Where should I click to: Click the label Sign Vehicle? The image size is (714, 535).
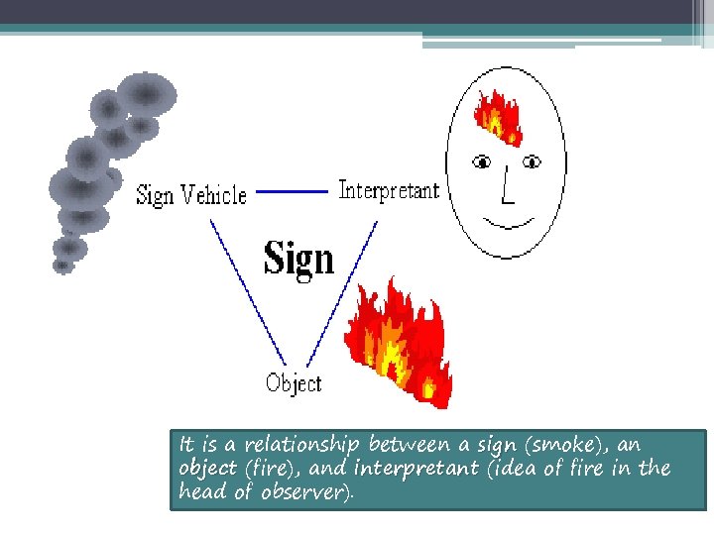(x=190, y=195)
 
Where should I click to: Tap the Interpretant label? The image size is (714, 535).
(x=388, y=189)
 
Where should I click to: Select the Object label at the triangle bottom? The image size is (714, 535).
(x=294, y=382)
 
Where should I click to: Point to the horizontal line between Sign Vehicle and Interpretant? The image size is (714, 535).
(x=292, y=191)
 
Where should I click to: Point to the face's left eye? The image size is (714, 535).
(x=482, y=160)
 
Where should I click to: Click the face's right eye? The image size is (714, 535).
(x=533, y=160)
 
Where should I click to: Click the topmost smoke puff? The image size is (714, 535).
(x=147, y=93)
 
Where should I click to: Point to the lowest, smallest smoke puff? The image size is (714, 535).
(x=63, y=265)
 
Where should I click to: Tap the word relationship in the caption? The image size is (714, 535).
(x=303, y=445)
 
